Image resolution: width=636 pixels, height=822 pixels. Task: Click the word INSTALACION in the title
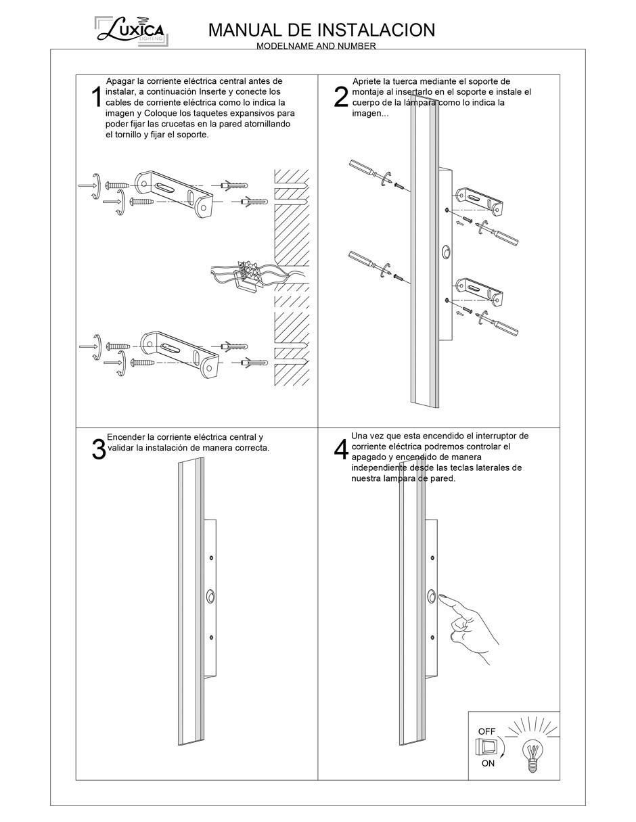377,30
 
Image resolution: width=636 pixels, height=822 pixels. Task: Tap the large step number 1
97,97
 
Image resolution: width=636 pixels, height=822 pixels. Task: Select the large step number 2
341,97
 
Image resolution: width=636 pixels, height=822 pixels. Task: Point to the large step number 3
99,449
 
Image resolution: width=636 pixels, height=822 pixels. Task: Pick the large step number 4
341,449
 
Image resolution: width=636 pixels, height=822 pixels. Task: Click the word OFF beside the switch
486,731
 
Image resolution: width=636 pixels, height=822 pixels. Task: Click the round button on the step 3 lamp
210,597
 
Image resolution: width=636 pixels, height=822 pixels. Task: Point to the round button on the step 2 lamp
447,252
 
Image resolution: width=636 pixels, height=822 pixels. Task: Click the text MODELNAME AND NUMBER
316,46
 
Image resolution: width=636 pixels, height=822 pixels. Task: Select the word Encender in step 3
126,437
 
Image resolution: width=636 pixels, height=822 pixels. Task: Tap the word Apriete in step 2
367,81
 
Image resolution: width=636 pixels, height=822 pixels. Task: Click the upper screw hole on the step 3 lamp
211,557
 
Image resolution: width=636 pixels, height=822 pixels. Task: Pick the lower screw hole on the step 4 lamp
432,637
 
